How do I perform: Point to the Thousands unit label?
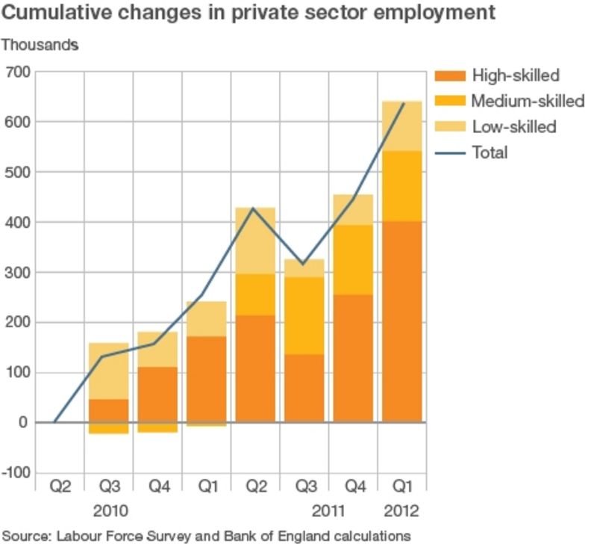click(x=40, y=45)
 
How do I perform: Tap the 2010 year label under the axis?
click(x=110, y=512)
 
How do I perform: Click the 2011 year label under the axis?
click(x=329, y=512)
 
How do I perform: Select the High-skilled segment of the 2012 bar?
click(x=403, y=359)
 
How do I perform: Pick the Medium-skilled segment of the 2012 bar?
click(x=403, y=187)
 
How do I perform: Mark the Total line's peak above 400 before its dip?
click(x=254, y=208)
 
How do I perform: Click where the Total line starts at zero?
click(x=55, y=422)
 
